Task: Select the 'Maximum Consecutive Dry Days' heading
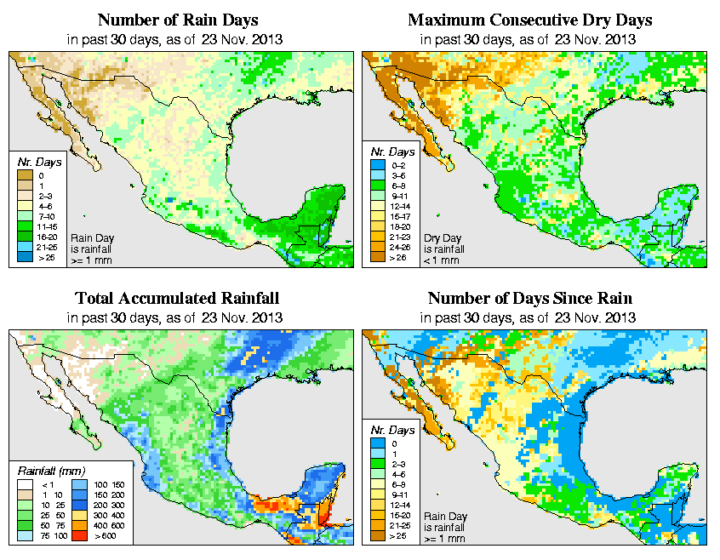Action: click(x=530, y=20)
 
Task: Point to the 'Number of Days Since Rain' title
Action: click(x=530, y=298)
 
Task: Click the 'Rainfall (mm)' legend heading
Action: click(x=49, y=470)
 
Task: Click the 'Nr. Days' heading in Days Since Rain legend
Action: click(x=397, y=430)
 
